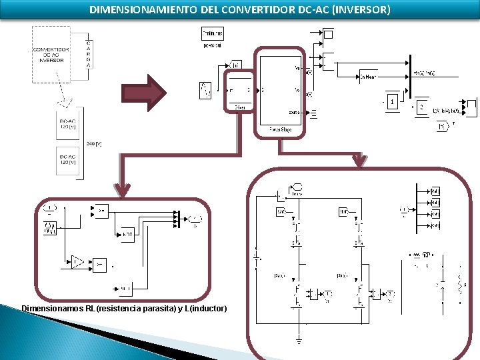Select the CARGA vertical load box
coord(89,54)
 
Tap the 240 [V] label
coord(94,143)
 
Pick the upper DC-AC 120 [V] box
coord(67,123)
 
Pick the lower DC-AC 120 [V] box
coord(67,160)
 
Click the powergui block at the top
coord(213,33)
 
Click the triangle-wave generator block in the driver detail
coord(51,229)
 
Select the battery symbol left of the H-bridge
coord(256,254)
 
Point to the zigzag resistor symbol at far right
coord(459,285)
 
